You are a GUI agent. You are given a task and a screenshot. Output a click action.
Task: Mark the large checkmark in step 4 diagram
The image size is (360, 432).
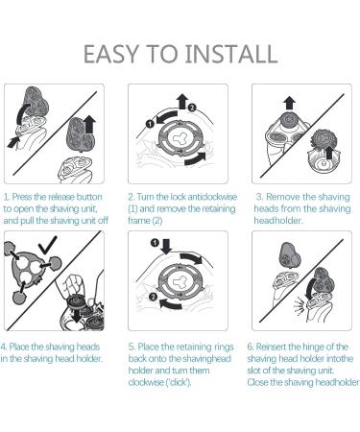coord(43,249)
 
